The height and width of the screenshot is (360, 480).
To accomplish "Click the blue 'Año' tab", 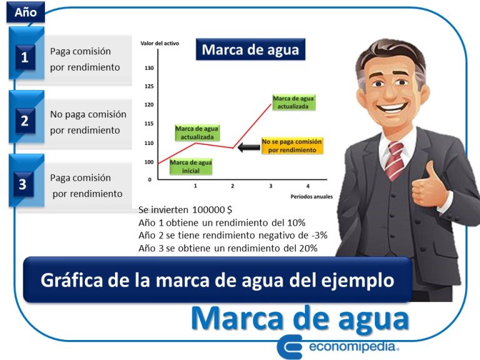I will (26, 11).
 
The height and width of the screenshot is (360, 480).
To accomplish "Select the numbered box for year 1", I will (24, 58).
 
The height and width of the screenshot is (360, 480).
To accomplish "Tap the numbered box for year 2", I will (24, 121).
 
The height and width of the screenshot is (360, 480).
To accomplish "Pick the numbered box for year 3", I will (23, 184).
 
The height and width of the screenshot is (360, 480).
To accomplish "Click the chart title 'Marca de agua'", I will (250, 49).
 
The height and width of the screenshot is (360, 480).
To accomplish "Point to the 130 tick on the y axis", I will (149, 67).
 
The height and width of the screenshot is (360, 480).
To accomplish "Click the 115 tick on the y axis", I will (149, 124).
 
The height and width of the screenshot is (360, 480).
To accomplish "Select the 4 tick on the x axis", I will (307, 186).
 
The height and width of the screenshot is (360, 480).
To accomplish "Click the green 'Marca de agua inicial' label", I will (191, 166).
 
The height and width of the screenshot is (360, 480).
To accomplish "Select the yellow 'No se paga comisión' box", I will (292, 146).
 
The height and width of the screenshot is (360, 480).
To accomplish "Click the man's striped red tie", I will (394, 159).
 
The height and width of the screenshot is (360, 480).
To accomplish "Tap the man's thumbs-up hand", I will (431, 188).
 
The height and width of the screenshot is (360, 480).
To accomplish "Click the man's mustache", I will (389, 99).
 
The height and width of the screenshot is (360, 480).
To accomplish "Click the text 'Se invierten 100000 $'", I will (186, 210).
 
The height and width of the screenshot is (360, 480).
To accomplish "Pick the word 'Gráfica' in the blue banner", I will (69, 280).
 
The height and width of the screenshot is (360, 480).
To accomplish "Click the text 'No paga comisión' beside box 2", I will (88, 114).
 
